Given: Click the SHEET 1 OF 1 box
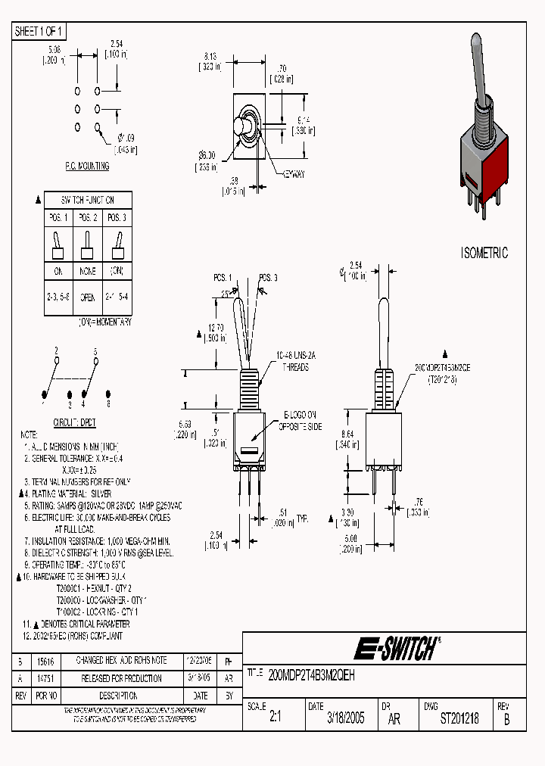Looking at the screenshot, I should coord(40,31).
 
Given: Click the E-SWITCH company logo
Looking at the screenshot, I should coord(395,648).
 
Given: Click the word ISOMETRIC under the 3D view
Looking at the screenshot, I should coord(484,253).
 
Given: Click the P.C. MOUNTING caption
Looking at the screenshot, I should coord(86,166).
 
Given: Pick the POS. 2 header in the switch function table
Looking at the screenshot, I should coord(87,218).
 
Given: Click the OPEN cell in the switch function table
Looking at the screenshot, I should coord(87,297).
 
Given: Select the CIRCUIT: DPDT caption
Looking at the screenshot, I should coord(74,422).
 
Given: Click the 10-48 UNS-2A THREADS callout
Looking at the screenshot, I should coord(295,361).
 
